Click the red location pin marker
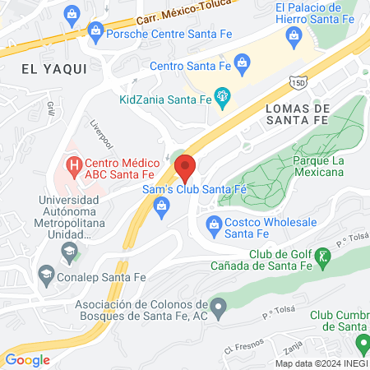click(x=186, y=168)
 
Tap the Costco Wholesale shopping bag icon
click(x=214, y=223)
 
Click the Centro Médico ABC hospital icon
click(x=74, y=164)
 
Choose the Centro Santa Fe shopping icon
click(x=242, y=61)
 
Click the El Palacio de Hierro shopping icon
click(x=294, y=35)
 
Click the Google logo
click(x=27, y=359)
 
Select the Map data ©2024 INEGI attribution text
click(x=321, y=363)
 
